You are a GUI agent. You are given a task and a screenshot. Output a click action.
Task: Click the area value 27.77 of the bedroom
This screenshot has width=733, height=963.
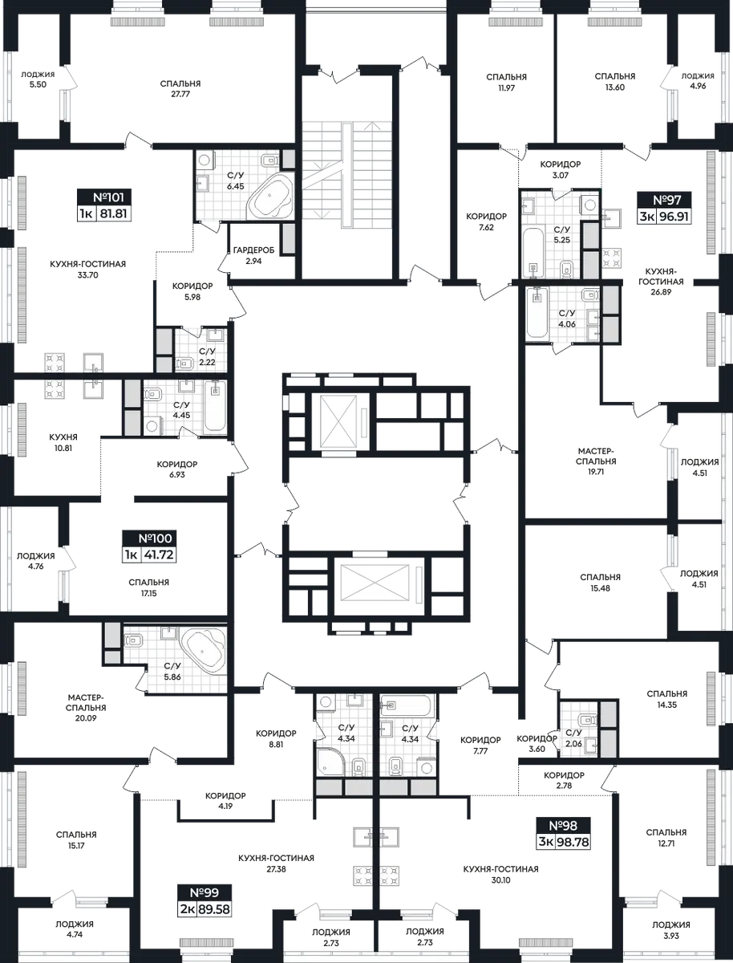[x=180, y=94]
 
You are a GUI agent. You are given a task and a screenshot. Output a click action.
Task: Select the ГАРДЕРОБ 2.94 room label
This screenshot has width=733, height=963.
[x=254, y=255]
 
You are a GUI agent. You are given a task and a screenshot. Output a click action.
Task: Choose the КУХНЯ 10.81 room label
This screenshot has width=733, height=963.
[x=63, y=443]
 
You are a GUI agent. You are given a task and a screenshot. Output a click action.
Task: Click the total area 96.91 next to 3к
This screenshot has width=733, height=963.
[x=674, y=217]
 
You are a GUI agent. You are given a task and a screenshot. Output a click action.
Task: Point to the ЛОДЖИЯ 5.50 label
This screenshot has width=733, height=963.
[x=38, y=79]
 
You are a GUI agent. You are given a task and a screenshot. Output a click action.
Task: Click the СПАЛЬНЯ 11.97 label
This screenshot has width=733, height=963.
[x=506, y=82]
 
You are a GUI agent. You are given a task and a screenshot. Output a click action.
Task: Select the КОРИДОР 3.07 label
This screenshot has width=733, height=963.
[x=561, y=169]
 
